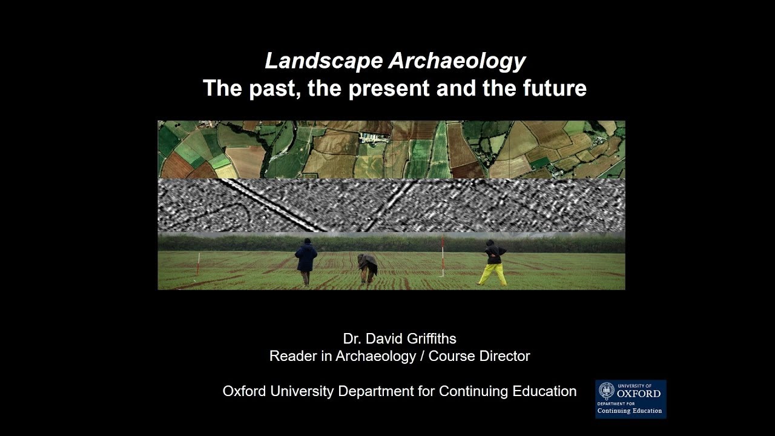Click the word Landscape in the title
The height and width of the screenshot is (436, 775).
click(324, 61)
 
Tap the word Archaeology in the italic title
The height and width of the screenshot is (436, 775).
click(457, 61)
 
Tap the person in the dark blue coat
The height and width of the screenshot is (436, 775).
click(306, 260)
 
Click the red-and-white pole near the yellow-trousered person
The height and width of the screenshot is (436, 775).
click(443, 257)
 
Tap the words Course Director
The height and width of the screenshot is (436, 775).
click(479, 356)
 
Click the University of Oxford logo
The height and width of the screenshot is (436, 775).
click(630, 398)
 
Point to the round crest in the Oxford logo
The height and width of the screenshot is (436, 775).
click(606, 391)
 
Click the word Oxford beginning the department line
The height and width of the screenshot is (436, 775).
click(243, 391)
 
